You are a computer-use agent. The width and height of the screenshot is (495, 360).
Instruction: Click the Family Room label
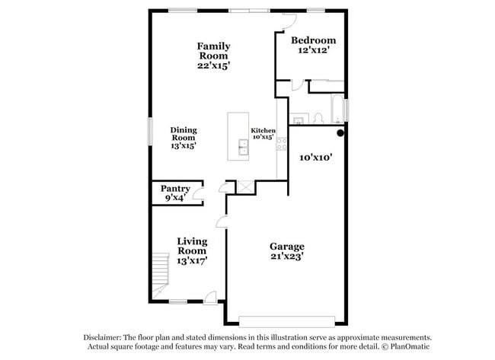tap(214, 56)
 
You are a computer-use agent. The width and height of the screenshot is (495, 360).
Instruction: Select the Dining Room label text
tap(183, 138)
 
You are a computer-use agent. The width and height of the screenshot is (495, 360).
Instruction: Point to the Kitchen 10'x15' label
tap(263, 134)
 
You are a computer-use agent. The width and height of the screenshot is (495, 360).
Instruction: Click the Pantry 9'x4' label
tap(174, 193)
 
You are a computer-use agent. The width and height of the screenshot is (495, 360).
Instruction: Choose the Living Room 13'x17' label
tap(192, 250)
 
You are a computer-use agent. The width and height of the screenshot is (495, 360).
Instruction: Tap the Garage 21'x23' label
tap(287, 251)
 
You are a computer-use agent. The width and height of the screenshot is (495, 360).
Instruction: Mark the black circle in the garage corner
tap(341, 132)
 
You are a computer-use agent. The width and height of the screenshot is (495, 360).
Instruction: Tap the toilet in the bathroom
tap(319, 117)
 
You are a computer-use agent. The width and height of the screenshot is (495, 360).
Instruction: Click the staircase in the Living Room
tap(160, 274)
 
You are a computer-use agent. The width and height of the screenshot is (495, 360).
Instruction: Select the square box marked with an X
tap(245, 186)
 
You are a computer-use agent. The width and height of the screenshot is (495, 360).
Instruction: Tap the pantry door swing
tap(196, 195)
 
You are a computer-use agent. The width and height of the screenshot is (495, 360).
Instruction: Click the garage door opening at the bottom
tap(287, 320)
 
